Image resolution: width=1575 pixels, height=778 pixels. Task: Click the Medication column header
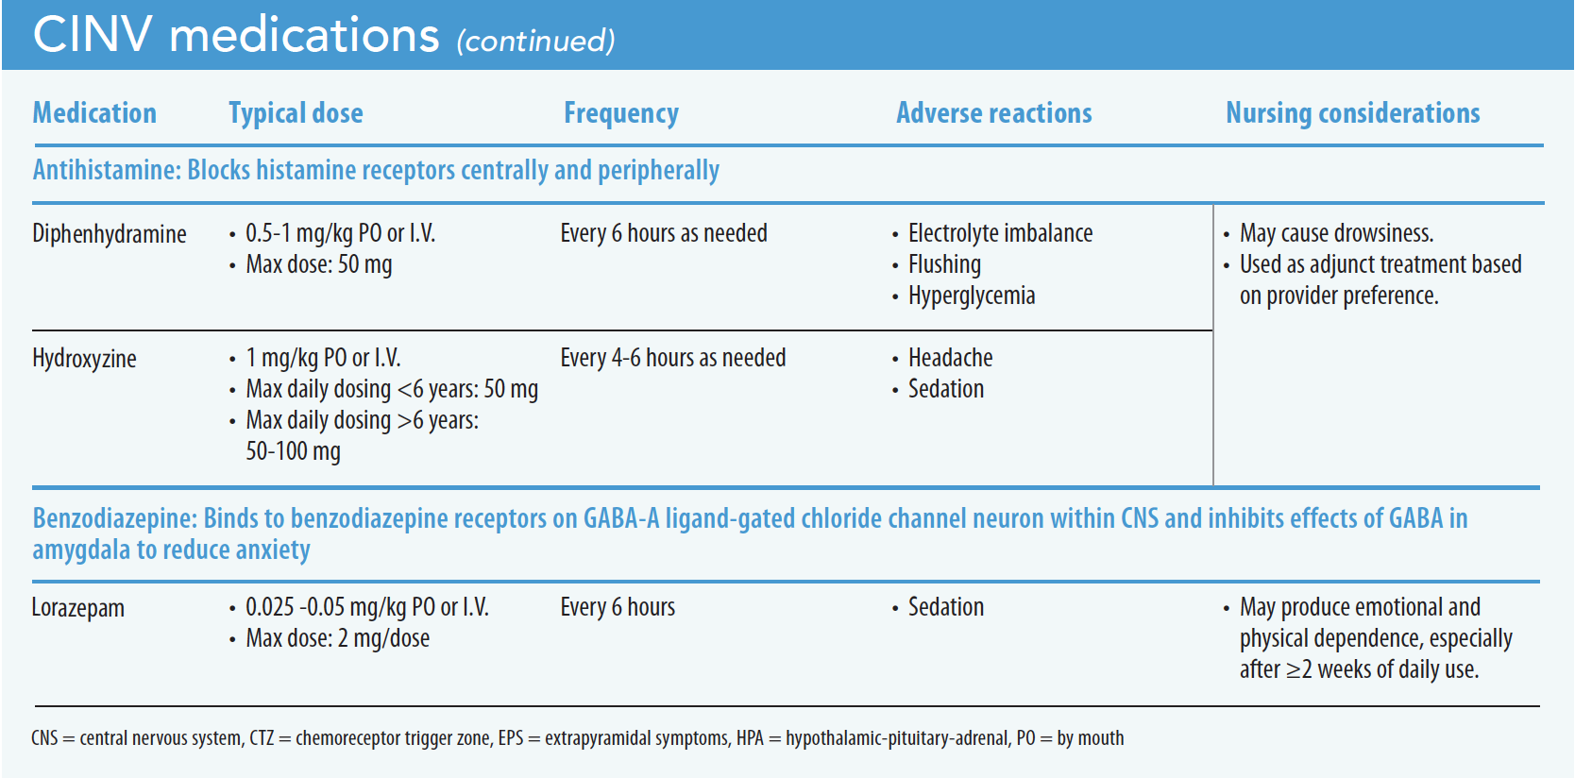tap(94, 113)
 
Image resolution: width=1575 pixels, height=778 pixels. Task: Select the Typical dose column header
tap(296, 113)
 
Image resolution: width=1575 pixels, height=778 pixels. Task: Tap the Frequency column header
tap(620, 113)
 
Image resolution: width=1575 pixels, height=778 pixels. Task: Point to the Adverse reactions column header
tap(993, 113)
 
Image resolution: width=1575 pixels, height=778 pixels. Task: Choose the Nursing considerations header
tap(1352, 113)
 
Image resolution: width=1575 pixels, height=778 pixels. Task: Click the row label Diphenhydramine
tap(109, 234)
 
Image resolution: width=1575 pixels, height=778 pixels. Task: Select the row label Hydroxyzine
tap(84, 359)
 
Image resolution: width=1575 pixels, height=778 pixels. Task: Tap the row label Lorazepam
tap(77, 608)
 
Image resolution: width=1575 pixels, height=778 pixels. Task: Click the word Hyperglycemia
tap(971, 296)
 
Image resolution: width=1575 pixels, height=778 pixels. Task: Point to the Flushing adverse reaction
tap(944, 264)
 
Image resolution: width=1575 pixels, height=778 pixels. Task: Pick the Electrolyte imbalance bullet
tap(1000, 233)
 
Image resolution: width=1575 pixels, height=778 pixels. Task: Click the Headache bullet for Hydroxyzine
tap(950, 358)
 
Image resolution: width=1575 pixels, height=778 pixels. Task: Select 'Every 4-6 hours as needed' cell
tap(672, 358)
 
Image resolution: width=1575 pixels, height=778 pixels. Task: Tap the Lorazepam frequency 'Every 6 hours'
tap(618, 607)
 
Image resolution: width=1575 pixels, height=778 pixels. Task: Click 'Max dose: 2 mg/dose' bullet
tap(337, 638)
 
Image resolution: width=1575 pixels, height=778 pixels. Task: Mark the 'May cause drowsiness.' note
tap(1336, 233)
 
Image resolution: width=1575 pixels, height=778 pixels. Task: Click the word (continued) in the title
tap(535, 42)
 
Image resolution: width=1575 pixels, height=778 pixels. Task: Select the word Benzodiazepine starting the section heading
tap(114, 518)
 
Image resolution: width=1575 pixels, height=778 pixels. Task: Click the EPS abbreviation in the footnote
tap(510, 738)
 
